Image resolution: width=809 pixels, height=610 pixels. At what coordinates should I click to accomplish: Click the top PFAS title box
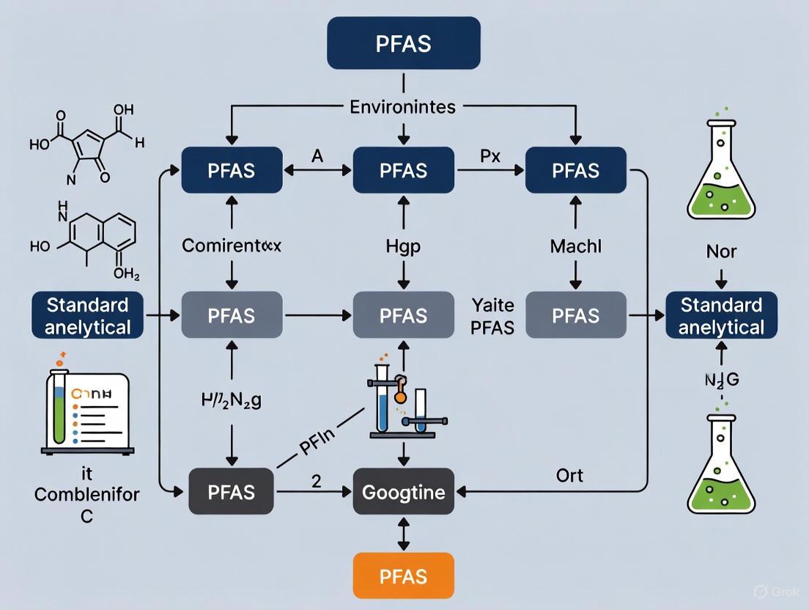(x=403, y=43)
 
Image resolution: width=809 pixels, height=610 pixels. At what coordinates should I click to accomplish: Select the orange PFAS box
(x=403, y=576)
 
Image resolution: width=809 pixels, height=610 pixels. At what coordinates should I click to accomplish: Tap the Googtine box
(x=403, y=492)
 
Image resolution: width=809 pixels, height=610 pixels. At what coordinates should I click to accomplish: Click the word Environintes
(x=403, y=107)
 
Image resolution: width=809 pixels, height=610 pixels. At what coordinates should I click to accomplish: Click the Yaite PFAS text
(x=493, y=316)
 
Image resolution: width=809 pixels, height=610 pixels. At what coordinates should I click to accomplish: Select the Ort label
(x=569, y=475)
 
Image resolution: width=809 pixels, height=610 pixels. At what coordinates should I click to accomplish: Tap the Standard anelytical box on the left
(x=87, y=316)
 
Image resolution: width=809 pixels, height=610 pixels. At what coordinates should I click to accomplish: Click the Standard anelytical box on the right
(x=720, y=316)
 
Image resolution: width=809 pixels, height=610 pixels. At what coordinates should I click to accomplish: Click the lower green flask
(x=721, y=464)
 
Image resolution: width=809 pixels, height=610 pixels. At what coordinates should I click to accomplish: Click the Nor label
(x=721, y=251)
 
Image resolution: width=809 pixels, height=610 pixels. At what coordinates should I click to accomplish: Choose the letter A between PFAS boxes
(x=317, y=155)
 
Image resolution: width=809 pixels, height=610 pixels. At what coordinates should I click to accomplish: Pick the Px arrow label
(x=490, y=155)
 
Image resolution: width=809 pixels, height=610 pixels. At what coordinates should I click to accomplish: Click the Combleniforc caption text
(x=86, y=493)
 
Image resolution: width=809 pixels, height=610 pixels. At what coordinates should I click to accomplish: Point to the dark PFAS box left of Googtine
(x=232, y=492)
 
